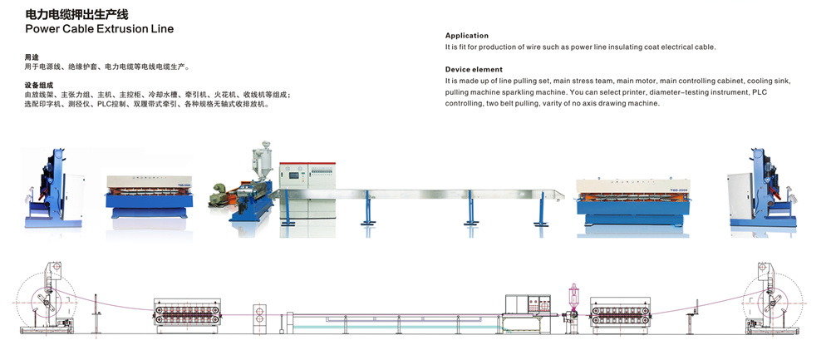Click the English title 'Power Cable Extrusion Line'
click(x=99, y=28)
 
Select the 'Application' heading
click(x=466, y=36)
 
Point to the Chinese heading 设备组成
click(x=39, y=86)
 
